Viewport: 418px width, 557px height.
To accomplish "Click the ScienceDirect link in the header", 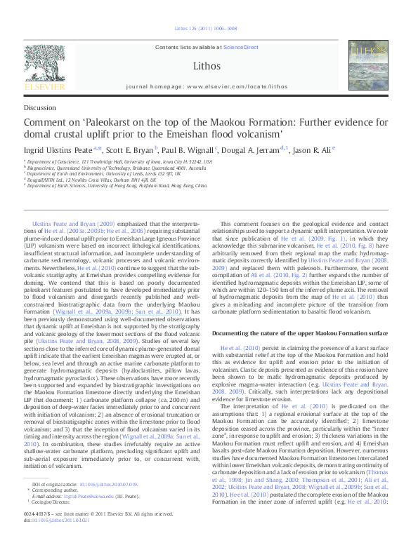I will click(241, 47).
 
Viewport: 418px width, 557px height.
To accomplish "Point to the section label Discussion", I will click(40, 107).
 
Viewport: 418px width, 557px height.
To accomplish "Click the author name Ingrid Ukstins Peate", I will click(59, 149).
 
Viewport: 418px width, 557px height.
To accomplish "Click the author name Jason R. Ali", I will click(312, 149).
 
